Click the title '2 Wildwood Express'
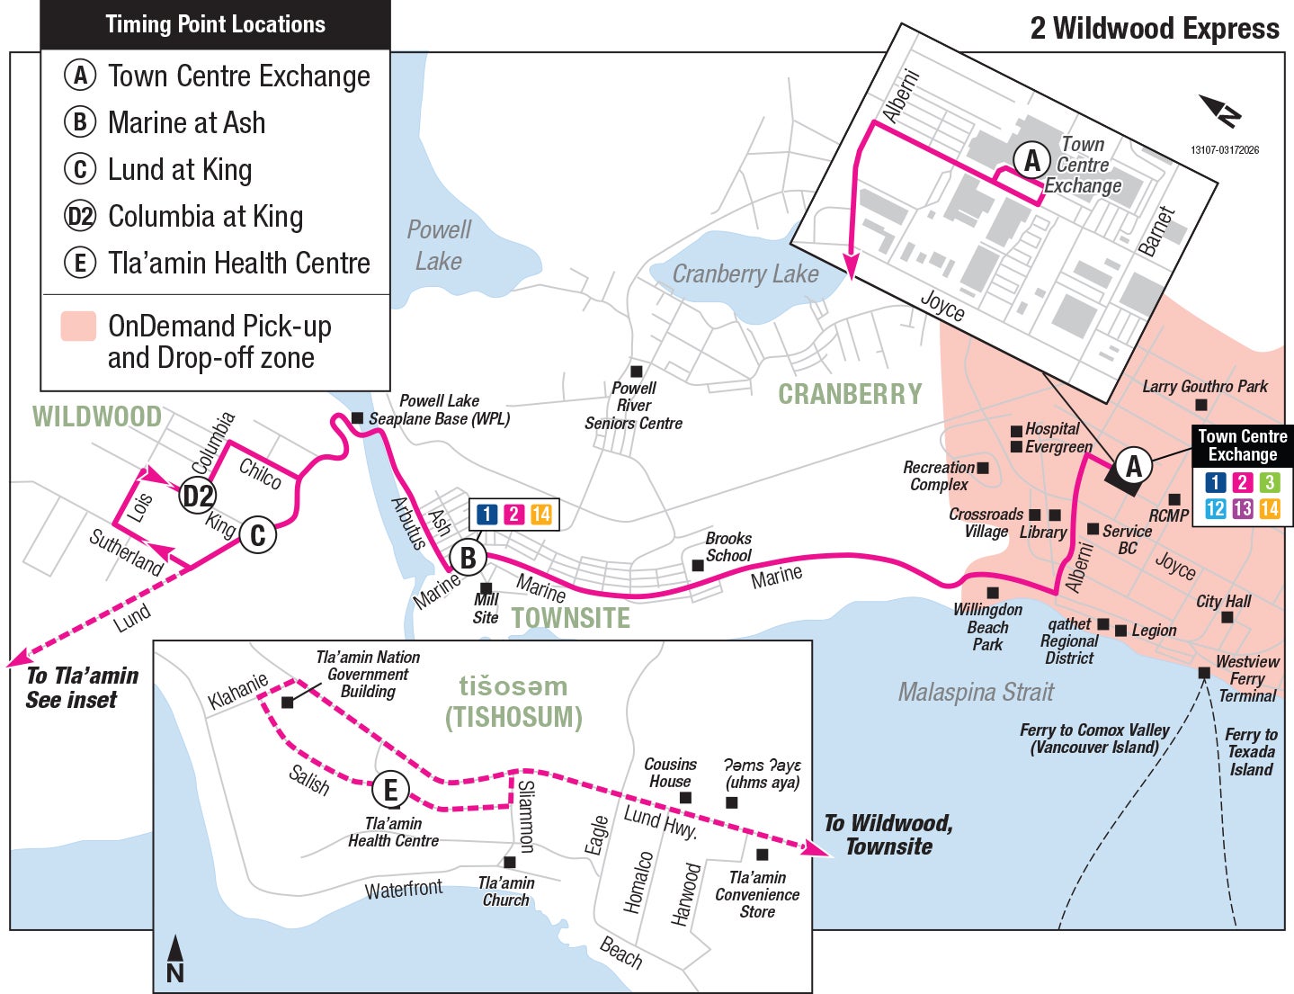[x=1154, y=28]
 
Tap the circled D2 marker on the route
[x=198, y=496]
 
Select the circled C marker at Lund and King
[x=257, y=535]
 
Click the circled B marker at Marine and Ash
[x=468, y=558]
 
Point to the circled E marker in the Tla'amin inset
[x=390, y=790]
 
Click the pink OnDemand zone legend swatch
[x=78, y=327]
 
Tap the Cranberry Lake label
[x=745, y=273]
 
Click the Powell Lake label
[x=438, y=245]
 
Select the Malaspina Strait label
[x=976, y=692]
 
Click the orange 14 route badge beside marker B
[x=540, y=514]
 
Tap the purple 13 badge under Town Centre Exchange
[x=1242, y=508]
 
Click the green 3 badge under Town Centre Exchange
[x=1269, y=482]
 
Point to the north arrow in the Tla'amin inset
[x=176, y=959]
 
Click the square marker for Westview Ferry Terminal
[x=1204, y=673]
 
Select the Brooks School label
[x=728, y=546]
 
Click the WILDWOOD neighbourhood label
[x=97, y=416]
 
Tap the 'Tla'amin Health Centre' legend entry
[x=238, y=263]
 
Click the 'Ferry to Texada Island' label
[x=1251, y=751]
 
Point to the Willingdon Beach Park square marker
[x=993, y=593]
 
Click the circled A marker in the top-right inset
[x=1031, y=160]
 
